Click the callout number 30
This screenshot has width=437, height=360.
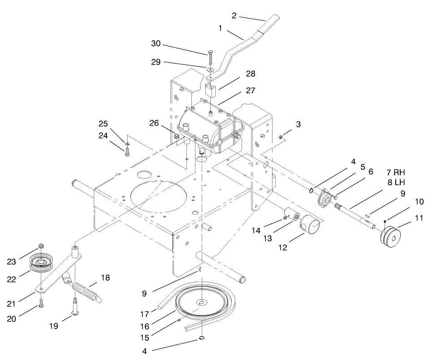click(x=155, y=44)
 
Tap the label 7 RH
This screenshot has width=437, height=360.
click(x=396, y=173)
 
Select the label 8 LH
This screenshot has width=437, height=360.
click(x=396, y=182)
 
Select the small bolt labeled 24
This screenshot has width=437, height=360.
click(x=127, y=151)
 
